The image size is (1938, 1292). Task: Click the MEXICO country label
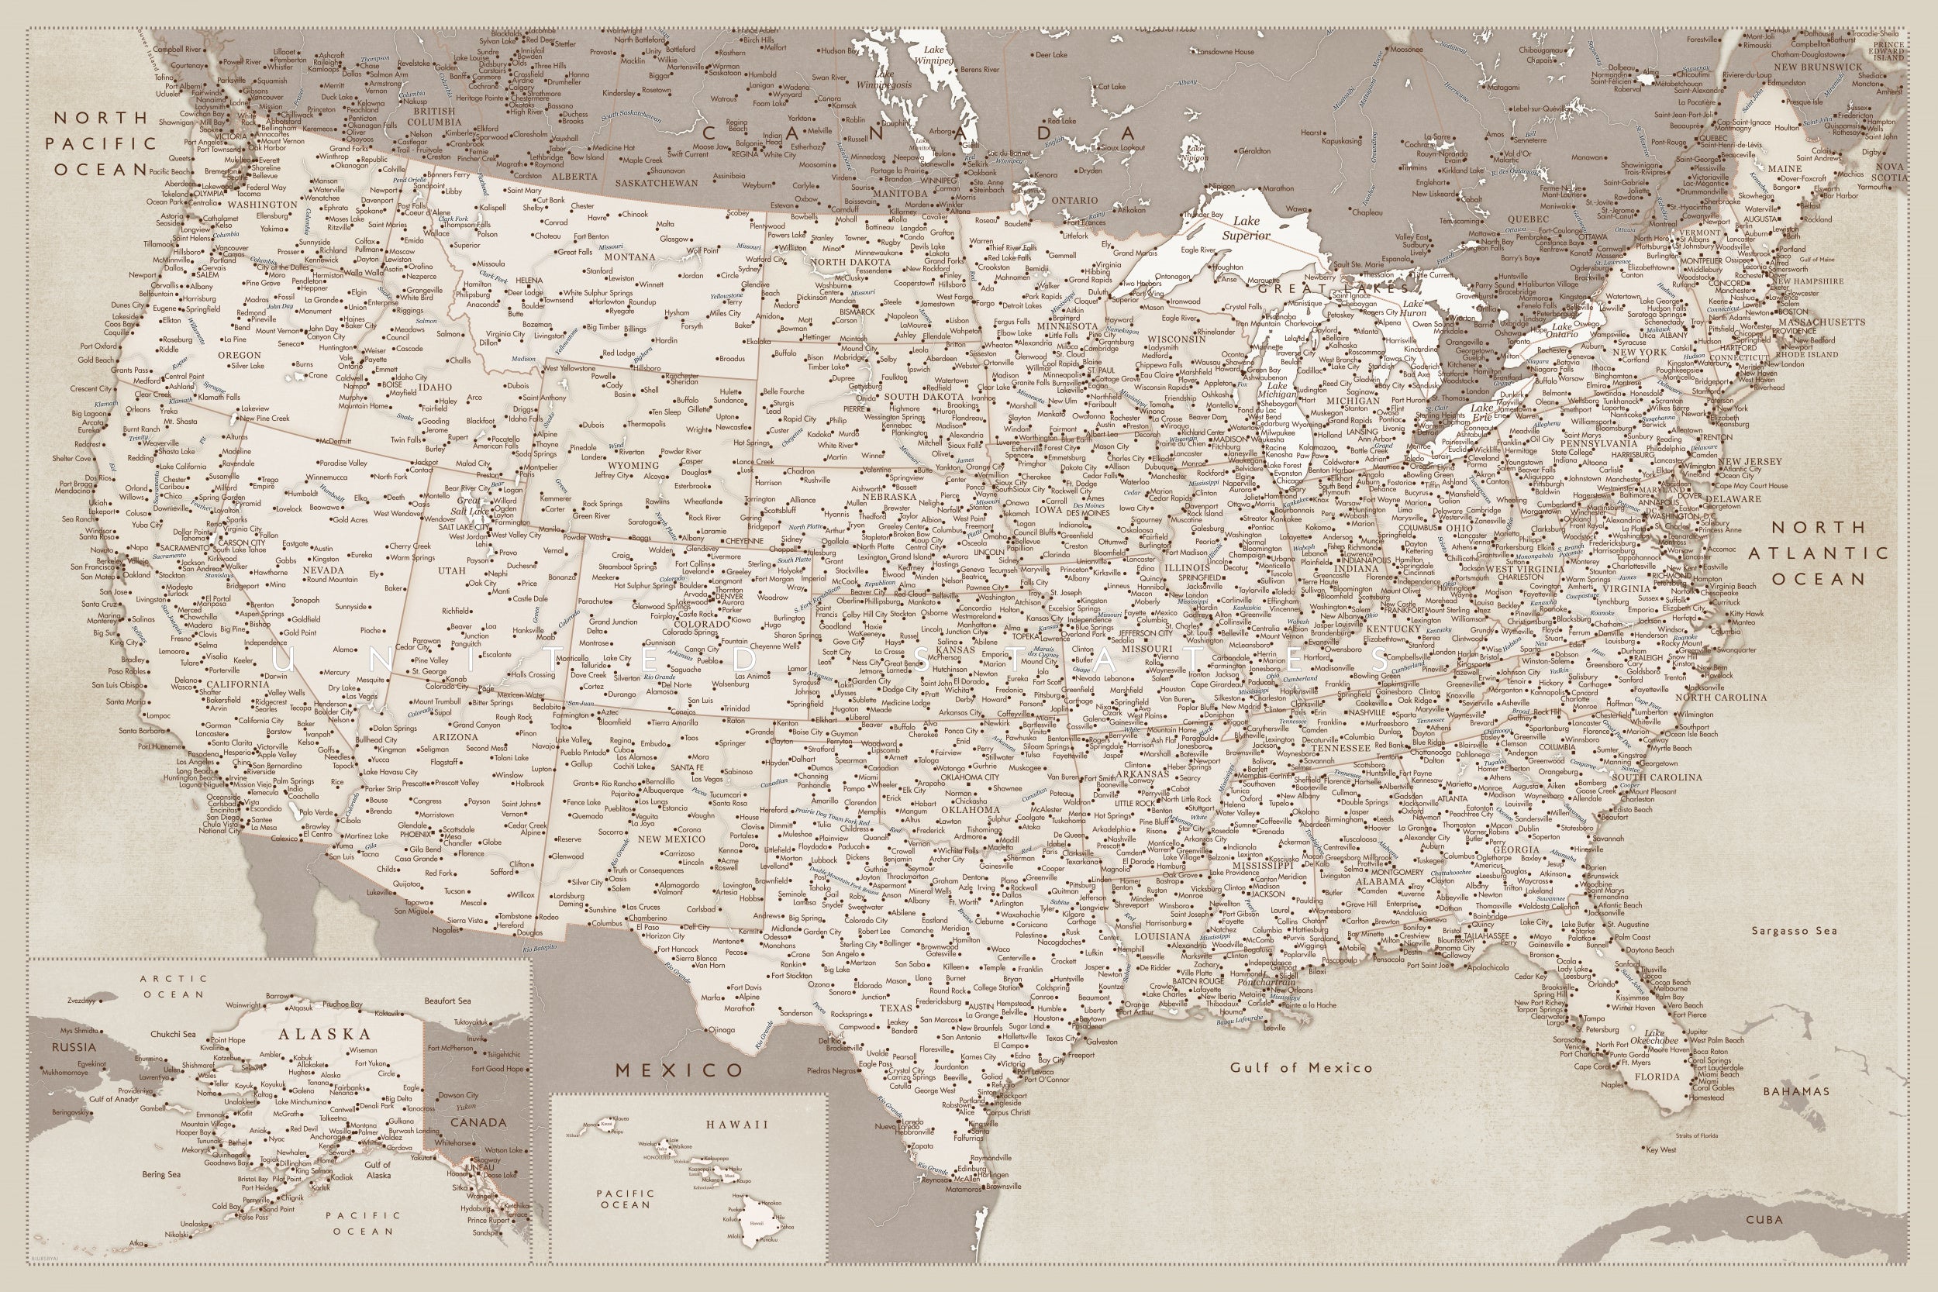[680, 1070]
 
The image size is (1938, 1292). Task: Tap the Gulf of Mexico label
[1301, 1067]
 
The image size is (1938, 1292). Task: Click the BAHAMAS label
[1796, 1091]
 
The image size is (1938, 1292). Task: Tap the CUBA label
[1764, 1219]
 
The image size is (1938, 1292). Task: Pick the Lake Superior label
[1246, 228]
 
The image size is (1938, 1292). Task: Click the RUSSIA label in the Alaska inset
[74, 1047]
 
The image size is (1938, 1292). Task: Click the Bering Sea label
[160, 1174]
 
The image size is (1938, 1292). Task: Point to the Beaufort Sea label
[447, 1001]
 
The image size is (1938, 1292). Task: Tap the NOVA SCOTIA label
[1889, 171]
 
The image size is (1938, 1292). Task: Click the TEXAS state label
[895, 1008]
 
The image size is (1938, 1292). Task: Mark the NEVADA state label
[323, 570]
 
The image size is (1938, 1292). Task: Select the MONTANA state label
[630, 257]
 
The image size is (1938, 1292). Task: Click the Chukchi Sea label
[173, 1033]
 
